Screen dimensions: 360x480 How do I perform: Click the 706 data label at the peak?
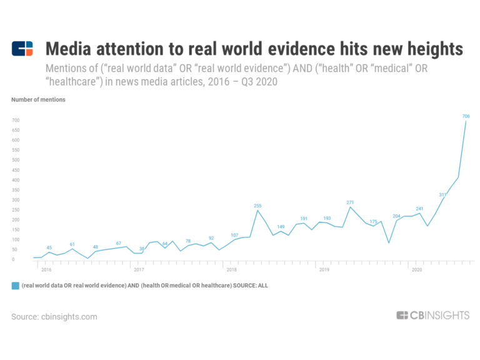click(466, 116)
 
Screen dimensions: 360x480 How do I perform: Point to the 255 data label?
click(257, 205)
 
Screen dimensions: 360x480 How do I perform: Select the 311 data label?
click(442, 195)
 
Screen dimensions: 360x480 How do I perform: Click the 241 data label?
click(419, 209)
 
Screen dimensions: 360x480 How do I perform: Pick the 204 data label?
click(396, 216)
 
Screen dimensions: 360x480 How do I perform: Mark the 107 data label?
click(234, 235)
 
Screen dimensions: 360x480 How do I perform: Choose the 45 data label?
click(49, 247)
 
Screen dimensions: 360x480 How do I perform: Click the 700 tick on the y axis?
click(16, 120)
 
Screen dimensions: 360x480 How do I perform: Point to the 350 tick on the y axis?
click(16, 189)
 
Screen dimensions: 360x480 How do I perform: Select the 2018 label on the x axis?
click(231, 270)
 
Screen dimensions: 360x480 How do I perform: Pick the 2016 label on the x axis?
click(46, 270)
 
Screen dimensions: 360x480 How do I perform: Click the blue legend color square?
click(15, 286)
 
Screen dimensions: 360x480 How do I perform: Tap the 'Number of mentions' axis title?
click(38, 99)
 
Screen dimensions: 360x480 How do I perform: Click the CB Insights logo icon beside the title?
click(23, 49)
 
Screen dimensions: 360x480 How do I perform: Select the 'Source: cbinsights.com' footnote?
click(54, 317)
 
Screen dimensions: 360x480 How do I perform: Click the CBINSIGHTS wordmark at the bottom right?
click(432, 316)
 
